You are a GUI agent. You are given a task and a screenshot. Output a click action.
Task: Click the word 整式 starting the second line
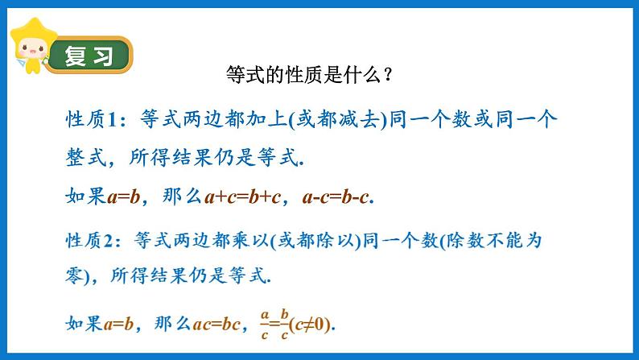(x=83, y=159)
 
